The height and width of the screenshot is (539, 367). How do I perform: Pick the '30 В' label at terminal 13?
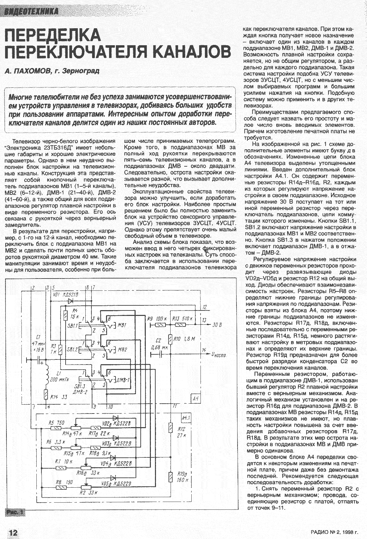click(x=216, y=325)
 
